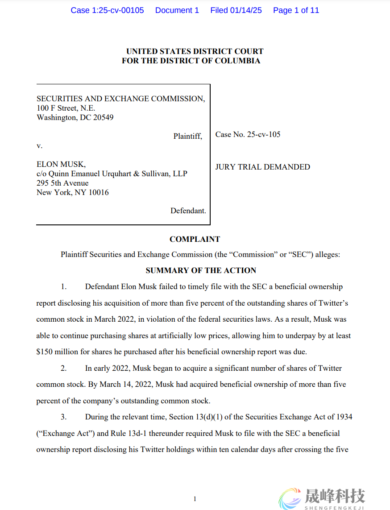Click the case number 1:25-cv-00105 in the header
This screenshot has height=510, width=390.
pos(107,10)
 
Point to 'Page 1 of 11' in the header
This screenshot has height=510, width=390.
pos(296,10)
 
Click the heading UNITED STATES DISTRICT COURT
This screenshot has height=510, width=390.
pos(195,51)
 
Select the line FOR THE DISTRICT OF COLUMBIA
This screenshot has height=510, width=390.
pos(191,61)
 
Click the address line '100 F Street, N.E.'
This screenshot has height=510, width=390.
pos(66,108)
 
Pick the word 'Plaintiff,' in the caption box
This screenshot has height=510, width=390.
pos(187,136)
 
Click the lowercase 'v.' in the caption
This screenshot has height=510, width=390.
pos(40,145)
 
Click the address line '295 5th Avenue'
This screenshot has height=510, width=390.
pos(62,183)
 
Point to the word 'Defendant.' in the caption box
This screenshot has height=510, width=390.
pos(188,211)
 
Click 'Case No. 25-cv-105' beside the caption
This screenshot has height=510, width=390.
pos(248,134)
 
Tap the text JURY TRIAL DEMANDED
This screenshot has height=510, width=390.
pos(262,167)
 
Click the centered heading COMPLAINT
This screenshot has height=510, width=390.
pos(195,239)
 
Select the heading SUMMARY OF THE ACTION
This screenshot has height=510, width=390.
pos(201,270)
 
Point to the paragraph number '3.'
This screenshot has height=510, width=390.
pos(64,417)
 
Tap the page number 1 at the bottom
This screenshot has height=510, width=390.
pos(195,499)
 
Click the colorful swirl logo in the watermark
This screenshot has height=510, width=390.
pos(290,498)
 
